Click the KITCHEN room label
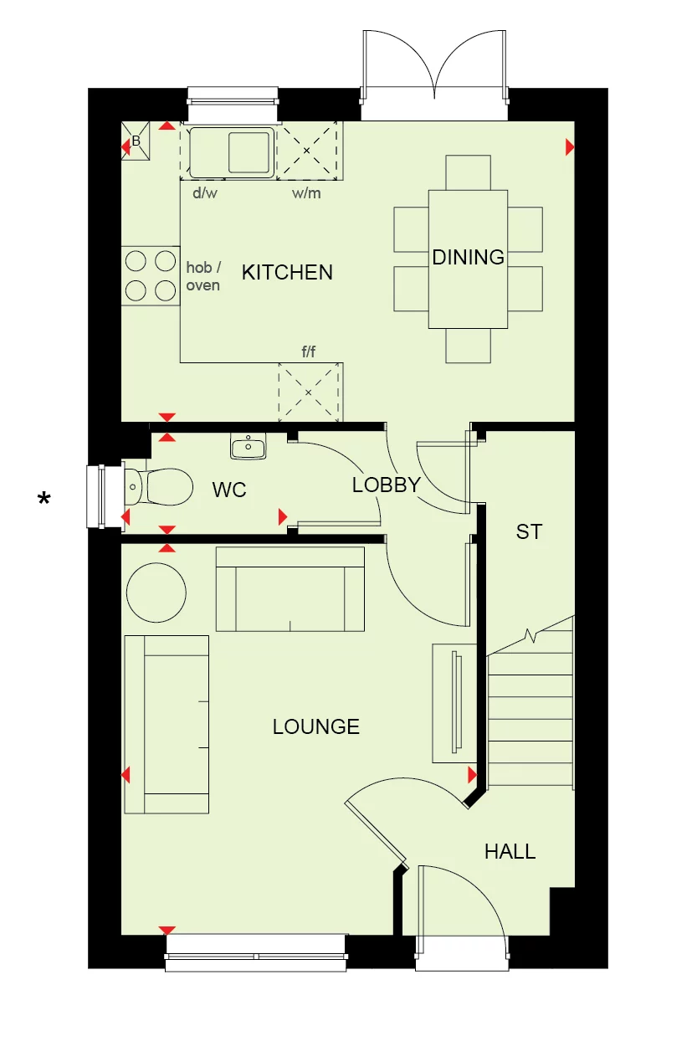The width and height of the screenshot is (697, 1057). point(287,272)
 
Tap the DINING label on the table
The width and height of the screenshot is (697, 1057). point(468,257)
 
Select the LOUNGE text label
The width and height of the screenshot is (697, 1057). point(315,726)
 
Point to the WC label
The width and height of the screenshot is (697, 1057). point(229,490)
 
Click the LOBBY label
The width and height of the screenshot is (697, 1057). point(386,485)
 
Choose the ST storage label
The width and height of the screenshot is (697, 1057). point(529,531)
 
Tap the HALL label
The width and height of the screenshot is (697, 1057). point(510,852)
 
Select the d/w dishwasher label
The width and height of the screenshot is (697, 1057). point(204,193)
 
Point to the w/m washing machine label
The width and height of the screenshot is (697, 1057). point(306,193)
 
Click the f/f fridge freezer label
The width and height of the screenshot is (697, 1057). point(309,351)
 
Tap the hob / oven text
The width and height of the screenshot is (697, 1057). point(202,277)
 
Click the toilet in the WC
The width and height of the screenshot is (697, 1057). point(163,485)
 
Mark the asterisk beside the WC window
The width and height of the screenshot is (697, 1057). point(44,500)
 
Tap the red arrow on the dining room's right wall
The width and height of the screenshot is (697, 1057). point(570,148)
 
